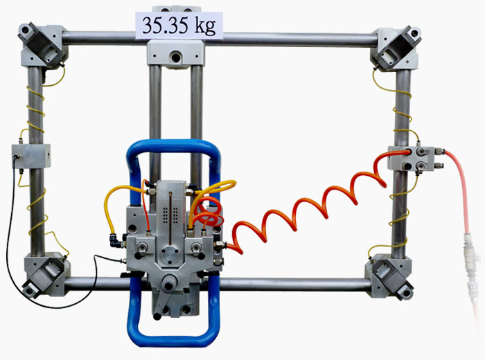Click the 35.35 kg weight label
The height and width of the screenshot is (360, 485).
click(179, 26)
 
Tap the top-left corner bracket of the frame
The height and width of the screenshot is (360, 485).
click(43, 46)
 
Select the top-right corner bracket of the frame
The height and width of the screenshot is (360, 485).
click(396, 48)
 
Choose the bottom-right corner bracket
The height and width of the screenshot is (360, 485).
click(389, 276)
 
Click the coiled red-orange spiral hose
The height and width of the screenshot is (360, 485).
click(309, 210)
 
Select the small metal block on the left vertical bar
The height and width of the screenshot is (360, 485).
click(31, 156)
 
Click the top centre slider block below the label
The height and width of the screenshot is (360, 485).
click(176, 54)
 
